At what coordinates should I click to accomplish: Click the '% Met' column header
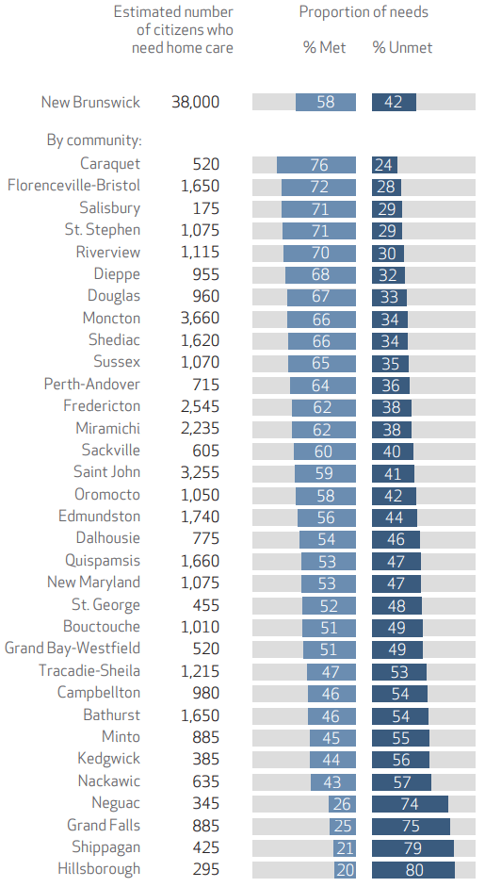[325, 47]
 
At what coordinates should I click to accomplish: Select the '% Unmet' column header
[402, 47]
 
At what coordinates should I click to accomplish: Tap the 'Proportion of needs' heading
[364, 12]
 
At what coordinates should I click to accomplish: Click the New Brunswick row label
[90, 103]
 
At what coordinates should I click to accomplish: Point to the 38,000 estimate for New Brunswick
[195, 103]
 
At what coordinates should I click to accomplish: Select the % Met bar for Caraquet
[316, 165]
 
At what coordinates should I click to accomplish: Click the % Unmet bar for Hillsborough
[413, 870]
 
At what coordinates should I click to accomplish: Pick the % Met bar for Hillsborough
[345, 870]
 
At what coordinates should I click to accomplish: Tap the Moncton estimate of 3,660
[200, 319]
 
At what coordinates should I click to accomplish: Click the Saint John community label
[106, 472]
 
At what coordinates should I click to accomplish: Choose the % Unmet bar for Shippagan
[412, 848]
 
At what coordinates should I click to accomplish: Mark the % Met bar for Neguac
[343, 804]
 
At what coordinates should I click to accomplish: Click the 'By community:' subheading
[94, 140]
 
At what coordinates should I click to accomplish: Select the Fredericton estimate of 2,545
[200, 406]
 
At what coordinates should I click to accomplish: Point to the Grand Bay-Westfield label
[73, 649]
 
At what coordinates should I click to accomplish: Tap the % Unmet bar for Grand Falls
[411, 826]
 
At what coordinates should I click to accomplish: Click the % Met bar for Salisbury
[319, 208]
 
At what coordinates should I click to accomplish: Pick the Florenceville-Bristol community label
[73, 186]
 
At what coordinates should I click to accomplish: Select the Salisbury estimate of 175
[205, 208]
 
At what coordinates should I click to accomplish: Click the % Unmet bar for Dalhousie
[396, 539]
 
